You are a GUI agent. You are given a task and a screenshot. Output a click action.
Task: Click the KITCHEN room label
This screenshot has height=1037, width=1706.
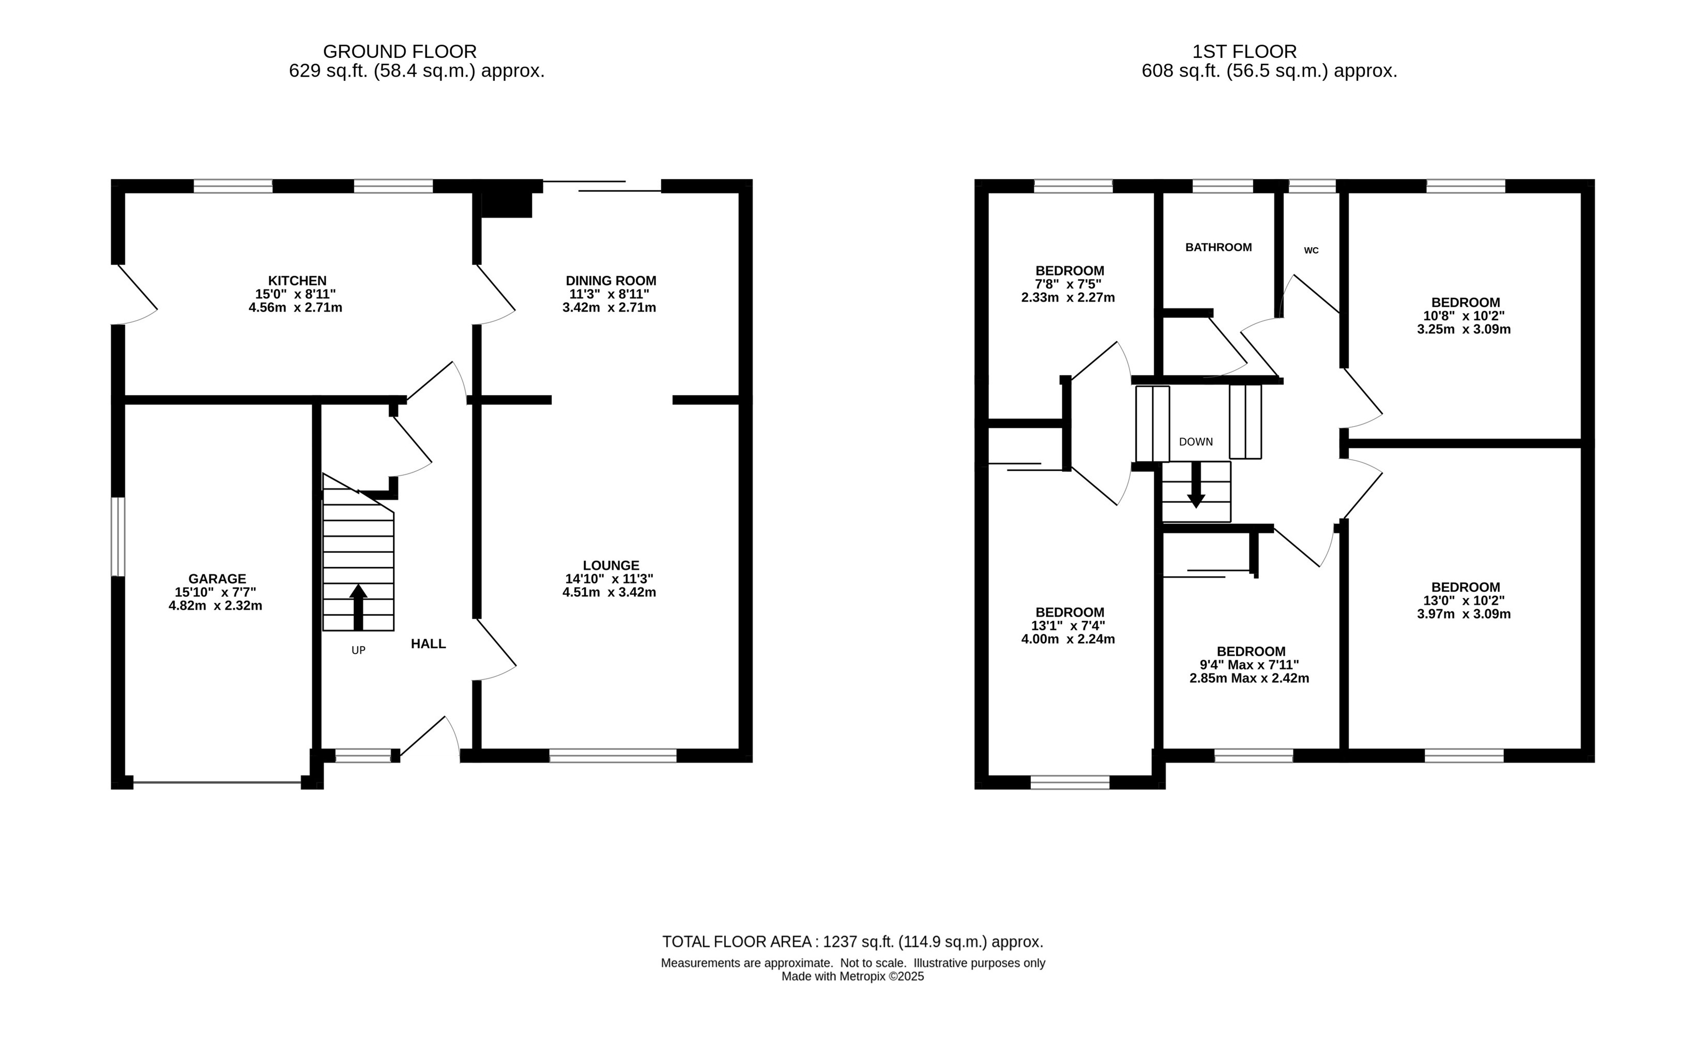point(297,280)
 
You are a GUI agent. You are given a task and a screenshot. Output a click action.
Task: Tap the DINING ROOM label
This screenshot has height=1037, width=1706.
point(611,280)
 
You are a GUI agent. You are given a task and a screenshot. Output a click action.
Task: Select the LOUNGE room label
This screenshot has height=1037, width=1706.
point(611,565)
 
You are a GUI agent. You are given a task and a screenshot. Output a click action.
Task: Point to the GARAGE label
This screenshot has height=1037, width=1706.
point(217,578)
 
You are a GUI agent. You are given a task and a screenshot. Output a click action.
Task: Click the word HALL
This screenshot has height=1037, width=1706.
point(428,643)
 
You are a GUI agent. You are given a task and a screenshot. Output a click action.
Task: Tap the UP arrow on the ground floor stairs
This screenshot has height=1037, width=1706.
point(358,607)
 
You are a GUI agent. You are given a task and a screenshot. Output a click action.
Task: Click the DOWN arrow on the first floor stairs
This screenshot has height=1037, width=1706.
point(1196,485)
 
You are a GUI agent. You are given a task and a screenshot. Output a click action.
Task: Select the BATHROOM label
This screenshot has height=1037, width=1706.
point(1218,247)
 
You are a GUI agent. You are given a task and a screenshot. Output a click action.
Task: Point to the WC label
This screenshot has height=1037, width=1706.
point(1311,251)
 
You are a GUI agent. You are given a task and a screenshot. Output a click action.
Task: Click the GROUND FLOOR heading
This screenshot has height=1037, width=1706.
point(400,51)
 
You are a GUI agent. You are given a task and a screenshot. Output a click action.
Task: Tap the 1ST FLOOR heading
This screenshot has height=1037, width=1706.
point(1244,51)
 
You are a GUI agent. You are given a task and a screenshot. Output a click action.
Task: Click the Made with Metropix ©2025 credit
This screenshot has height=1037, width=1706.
point(852,976)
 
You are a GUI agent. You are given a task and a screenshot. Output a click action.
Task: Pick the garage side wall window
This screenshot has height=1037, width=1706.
point(118,537)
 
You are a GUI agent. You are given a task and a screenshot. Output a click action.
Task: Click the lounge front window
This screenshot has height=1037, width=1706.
point(613,756)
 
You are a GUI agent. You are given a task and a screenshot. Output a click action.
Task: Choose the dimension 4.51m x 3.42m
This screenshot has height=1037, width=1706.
point(610,592)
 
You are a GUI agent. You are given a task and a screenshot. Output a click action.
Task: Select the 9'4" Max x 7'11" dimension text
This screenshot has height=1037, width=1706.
point(1249,665)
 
